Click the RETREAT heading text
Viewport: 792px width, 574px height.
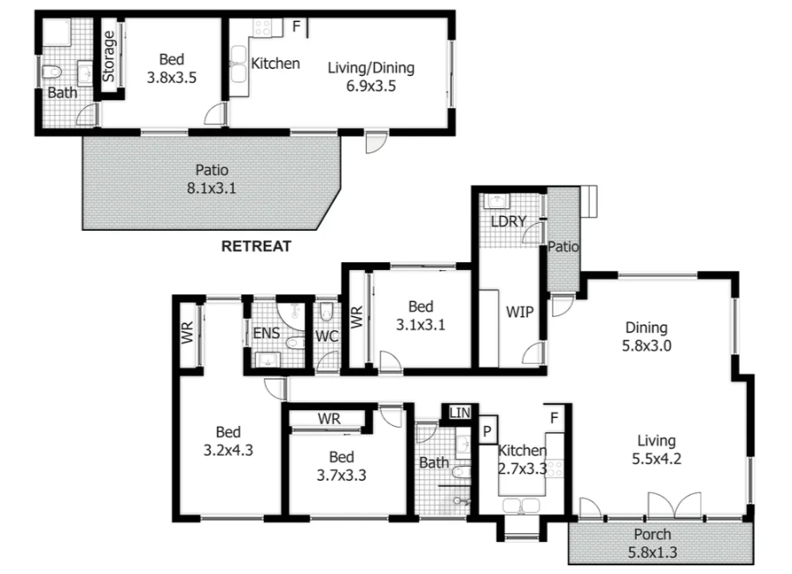[x=256, y=246]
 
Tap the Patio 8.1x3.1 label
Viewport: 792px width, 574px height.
[x=212, y=179]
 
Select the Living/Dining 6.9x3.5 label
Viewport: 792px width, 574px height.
[x=370, y=77]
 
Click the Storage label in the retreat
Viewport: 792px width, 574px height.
[x=109, y=57]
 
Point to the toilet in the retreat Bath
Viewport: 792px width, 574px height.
[x=54, y=71]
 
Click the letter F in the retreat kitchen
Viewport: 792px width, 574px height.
[x=296, y=27]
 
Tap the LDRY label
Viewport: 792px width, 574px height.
[x=508, y=221]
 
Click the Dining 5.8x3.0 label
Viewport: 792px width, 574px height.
[x=646, y=335]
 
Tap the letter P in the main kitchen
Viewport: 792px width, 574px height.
[x=487, y=431]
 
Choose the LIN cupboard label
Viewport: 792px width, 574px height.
[x=459, y=412]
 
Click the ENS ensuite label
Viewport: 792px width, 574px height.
[x=266, y=333]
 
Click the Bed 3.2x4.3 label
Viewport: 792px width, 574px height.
[x=228, y=441]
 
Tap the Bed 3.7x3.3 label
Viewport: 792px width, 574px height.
[x=341, y=466]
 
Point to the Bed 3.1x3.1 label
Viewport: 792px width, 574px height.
[x=420, y=314]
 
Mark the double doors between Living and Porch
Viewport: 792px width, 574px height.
[x=674, y=505]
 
